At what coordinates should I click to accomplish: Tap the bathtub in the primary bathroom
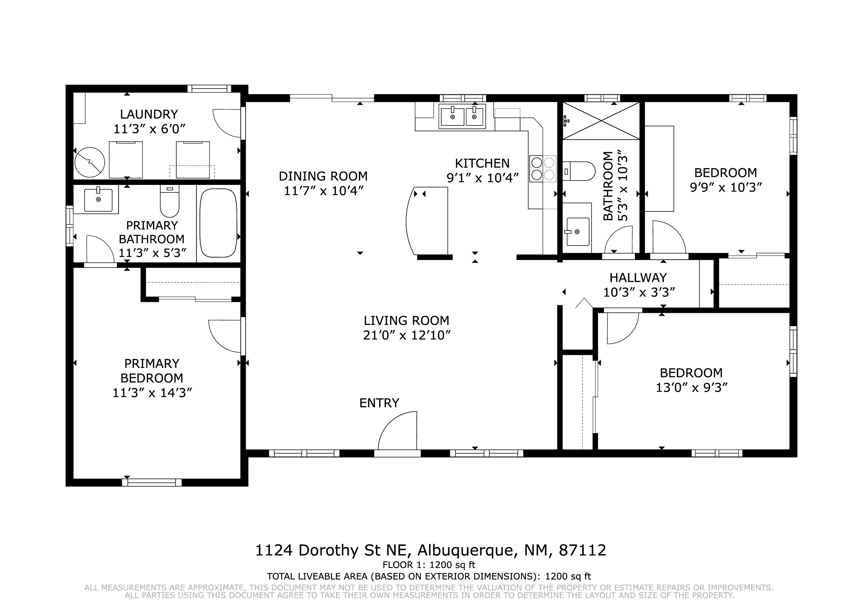[x=218, y=223]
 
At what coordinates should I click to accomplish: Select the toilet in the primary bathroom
[x=169, y=201]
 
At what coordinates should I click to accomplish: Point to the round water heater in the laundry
[x=89, y=162]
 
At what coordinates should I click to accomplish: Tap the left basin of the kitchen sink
[x=452, y=116]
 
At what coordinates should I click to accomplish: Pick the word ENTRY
[x=379, y=403]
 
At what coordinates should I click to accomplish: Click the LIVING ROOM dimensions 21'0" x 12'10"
[x=407, y=335]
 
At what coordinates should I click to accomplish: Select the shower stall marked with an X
[x=601, y=121]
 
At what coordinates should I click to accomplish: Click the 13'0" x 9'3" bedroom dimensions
[x=692, y=387]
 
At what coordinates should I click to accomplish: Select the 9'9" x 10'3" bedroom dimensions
[x=725, y=187]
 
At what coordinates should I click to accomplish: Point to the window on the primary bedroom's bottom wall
[x=152, y=482]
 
